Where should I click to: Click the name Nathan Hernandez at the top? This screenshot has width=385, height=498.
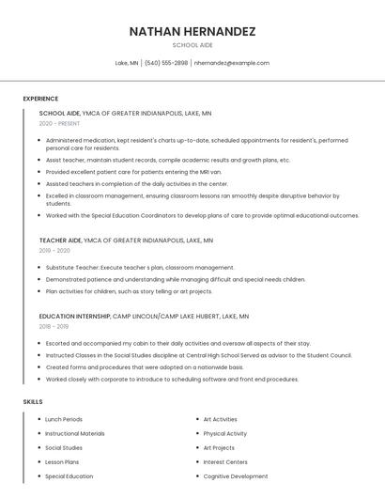(192, 31)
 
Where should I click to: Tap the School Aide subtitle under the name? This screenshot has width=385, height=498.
(192, 45)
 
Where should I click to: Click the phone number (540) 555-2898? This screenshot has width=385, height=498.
(166, 63)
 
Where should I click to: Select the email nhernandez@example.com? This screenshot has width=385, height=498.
(232, 63)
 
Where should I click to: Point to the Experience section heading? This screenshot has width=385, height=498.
(40, 99)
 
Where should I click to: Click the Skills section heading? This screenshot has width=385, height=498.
(32, 401)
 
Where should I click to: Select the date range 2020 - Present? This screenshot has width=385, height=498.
(60, 123)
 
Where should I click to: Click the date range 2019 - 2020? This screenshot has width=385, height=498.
(54, 251)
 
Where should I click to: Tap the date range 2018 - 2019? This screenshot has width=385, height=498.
(54, 327)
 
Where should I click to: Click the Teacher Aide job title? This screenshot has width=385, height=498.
(60, 241)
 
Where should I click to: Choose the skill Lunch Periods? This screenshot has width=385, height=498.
(64, 419)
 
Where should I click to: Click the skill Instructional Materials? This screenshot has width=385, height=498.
(75, 433)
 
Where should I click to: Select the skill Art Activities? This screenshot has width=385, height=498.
(220, 419)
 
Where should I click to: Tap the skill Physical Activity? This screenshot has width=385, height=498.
(224, 433)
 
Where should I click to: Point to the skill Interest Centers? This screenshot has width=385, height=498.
(225, 462)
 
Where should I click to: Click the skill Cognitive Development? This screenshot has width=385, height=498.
(236, 476)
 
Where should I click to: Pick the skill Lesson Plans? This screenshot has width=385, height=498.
(62, 462)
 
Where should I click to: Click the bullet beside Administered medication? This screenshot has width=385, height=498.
(38, 140)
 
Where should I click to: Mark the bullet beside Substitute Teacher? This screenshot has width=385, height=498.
(38, 267)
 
